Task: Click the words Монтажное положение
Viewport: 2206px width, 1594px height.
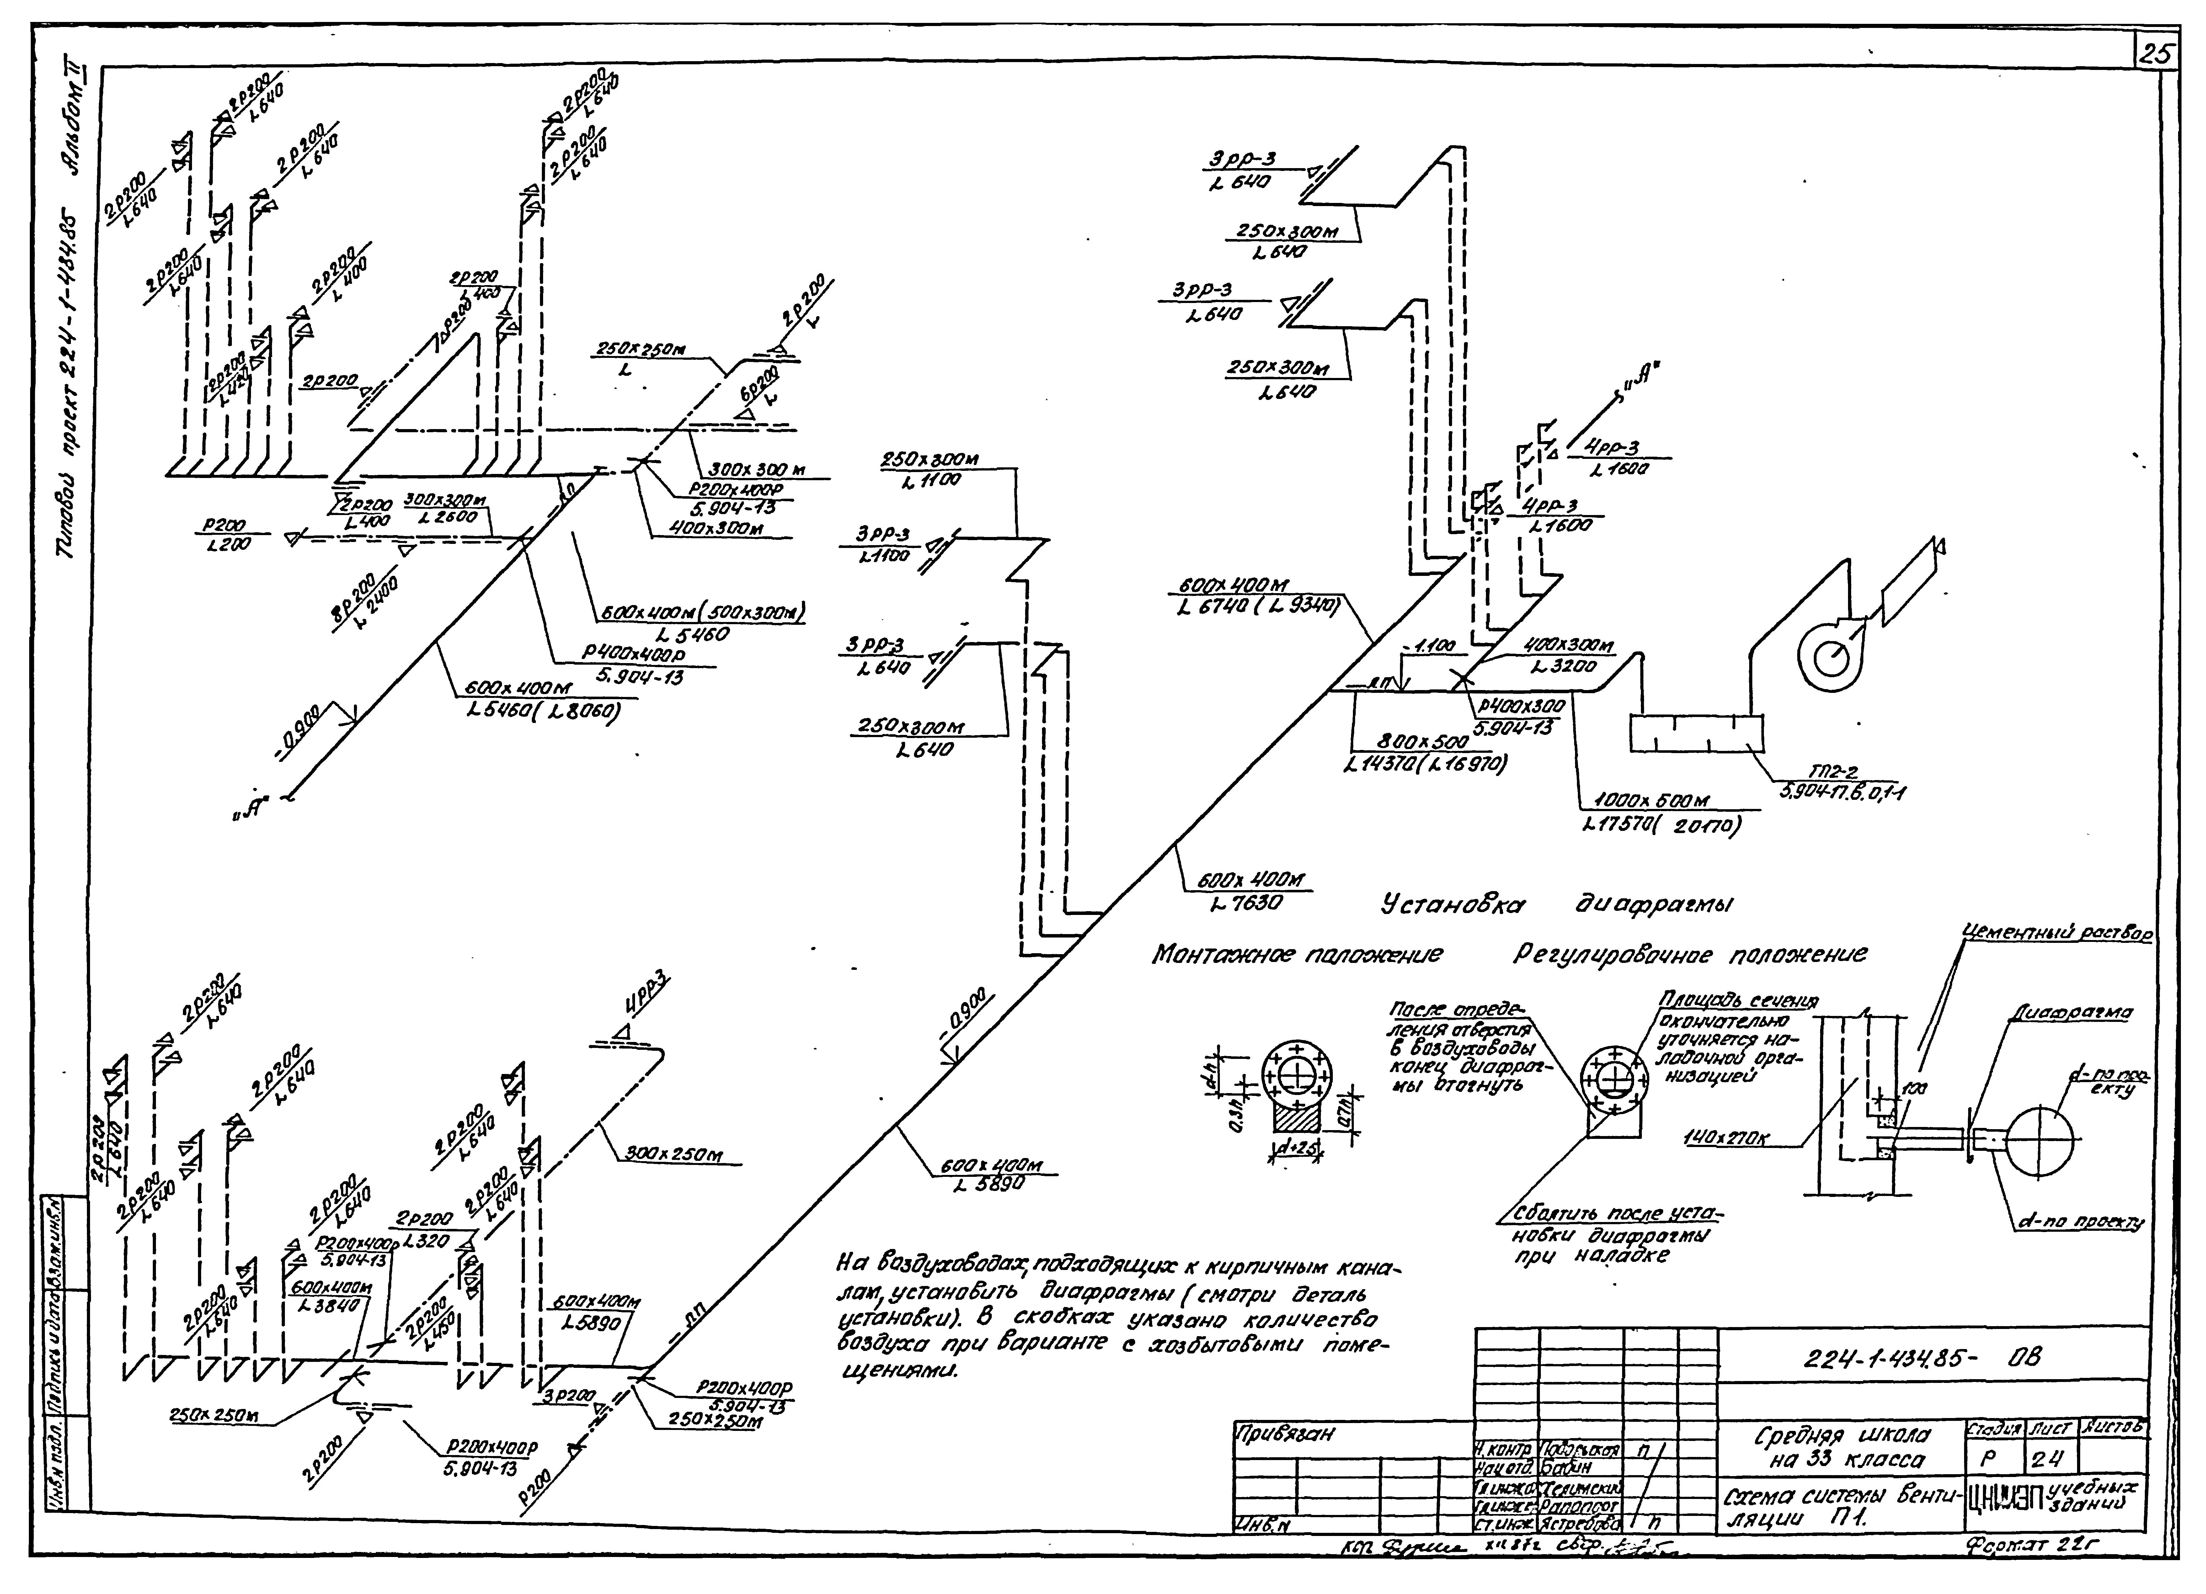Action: tap(1296, 956)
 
